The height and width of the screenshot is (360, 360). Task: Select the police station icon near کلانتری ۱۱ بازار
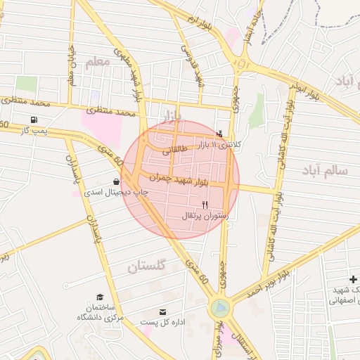point(220,134)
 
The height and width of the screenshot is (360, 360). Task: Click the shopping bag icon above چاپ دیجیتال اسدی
point(115,181)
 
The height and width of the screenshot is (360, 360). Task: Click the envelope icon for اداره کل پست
point(163,311)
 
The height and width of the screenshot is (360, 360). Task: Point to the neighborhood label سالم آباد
point(325,170)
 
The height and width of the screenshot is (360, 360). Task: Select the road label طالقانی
point(175,150)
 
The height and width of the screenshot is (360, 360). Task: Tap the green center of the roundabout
point(220,307)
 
